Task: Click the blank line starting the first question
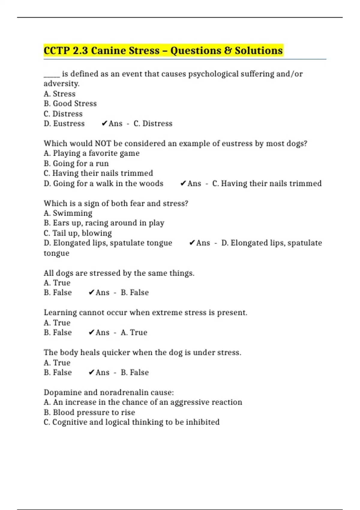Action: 52,74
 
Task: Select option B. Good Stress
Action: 70,103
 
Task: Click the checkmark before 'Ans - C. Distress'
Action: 104,124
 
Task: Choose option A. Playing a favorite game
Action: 91,153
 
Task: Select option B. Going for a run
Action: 76,163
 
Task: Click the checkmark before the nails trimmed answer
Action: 183,183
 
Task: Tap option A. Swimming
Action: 68,213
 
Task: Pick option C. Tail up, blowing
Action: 78,233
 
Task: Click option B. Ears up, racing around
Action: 104,223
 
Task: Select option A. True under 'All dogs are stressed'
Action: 57,283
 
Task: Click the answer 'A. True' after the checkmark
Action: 134,332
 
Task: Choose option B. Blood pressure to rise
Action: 89,412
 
